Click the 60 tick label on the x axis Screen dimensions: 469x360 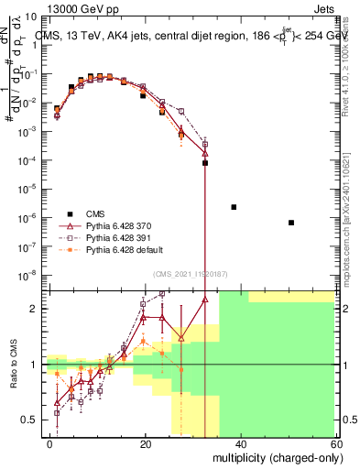(334, 443)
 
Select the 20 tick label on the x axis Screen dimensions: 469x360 (146, 443)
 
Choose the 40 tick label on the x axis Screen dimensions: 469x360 (240, 443)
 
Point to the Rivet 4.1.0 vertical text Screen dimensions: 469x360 (352, 64)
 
